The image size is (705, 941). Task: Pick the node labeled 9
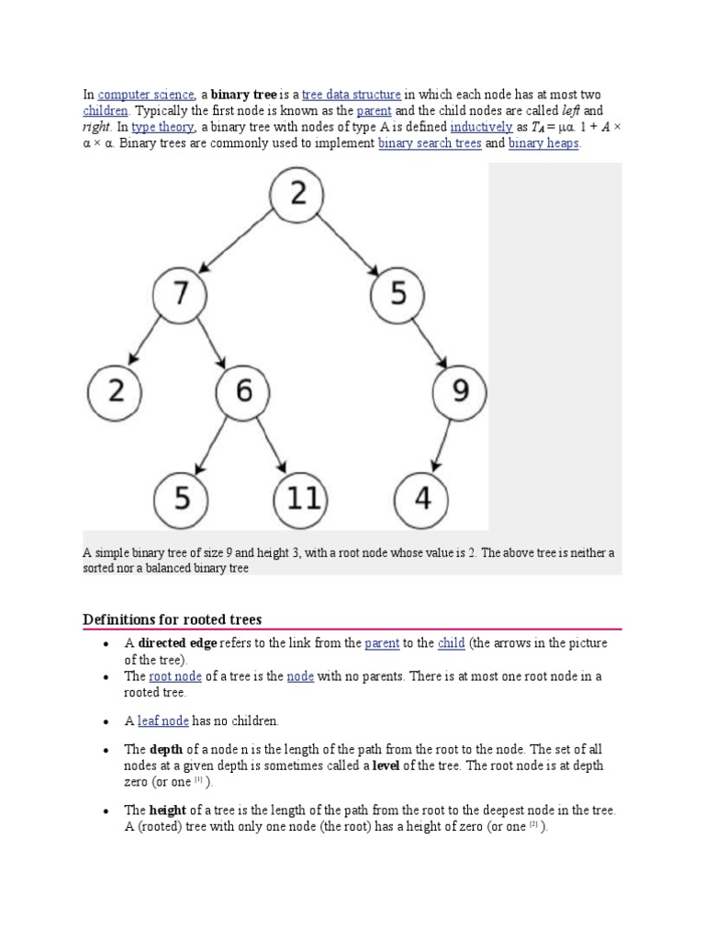(x=459, y=392)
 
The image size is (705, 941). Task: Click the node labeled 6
(x=243, y=392)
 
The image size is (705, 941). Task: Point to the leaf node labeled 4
(x=421, y=499)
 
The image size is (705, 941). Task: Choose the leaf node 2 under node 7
(x=116, y=392)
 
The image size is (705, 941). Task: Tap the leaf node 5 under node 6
(x=181, y=499)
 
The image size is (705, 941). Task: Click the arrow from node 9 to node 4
(x=441, y=446)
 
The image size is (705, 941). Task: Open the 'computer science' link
(x=146, y=95)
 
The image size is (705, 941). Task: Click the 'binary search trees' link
(x=430, y=143)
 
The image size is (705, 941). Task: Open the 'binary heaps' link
(x=543, y=143)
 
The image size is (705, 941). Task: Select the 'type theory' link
(x=162, y=128)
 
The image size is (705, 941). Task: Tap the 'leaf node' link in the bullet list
(x=162, y=721)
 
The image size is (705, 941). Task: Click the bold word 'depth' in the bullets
(x=166, y=750)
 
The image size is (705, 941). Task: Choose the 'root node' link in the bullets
(x=174, y=676)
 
